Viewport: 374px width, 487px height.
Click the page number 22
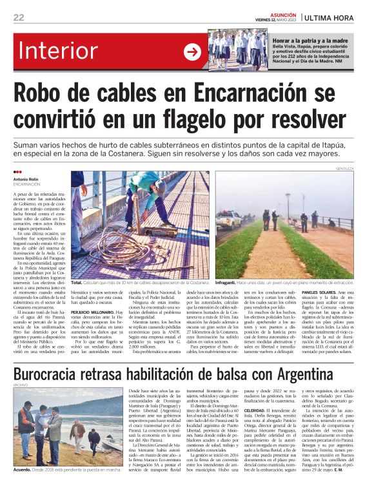coord(19,17)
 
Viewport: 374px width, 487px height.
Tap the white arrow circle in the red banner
coord(192,52)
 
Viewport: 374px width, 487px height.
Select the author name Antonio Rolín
coord(27,179)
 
